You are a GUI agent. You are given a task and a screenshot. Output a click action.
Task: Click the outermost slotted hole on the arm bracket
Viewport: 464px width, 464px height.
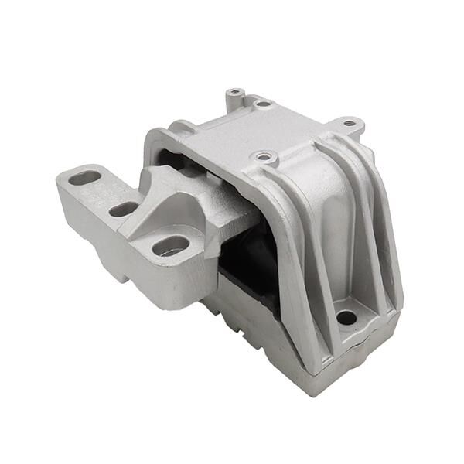(x=84, y=178)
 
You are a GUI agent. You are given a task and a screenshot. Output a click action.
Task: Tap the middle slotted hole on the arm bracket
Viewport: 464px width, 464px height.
(x=123, y=209)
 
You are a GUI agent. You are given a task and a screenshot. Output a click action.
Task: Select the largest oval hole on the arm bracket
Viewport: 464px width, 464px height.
(x=171, y=246)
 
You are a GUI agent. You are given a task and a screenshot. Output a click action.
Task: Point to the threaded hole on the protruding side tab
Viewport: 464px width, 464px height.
(x=350, y=122)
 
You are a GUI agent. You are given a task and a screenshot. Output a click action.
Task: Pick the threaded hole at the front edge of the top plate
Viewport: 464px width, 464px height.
(x=265, y=158)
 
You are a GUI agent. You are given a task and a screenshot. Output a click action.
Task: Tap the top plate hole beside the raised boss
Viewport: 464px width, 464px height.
(x=263, y=103)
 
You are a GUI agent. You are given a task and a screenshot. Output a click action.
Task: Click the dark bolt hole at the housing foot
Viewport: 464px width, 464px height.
(x=346, y=317)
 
